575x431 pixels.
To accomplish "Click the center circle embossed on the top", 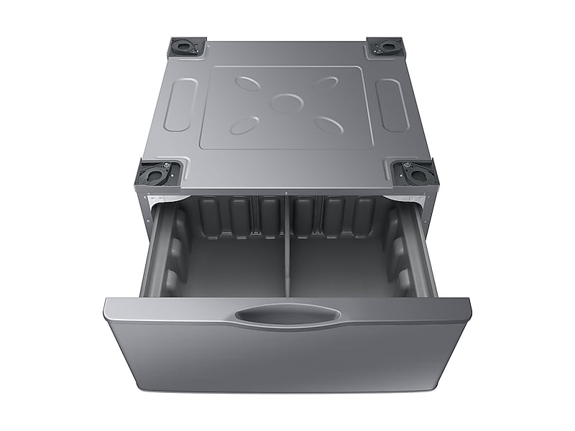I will [287, 102].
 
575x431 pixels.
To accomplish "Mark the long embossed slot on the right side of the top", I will [393, 104].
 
